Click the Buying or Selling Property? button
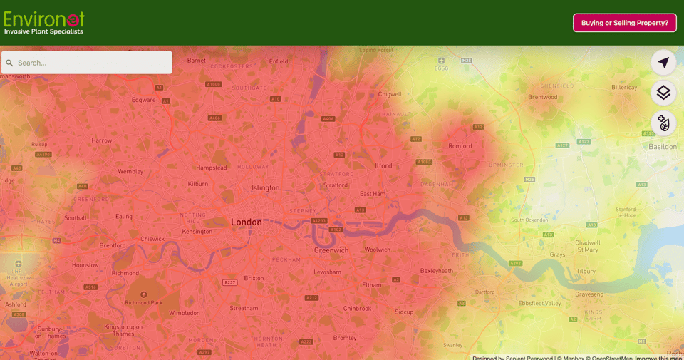tap(624, 23)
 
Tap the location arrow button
tap(663, 63)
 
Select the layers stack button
tap(663, 93)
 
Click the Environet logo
tap(44, 22)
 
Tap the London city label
tap(246, 222)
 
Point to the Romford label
tap(460, 146)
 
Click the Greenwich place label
tap(331, 250)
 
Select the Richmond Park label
tap(144, 303)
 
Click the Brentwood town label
tap(542, 97)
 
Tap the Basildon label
tap(663, 147)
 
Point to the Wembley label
tap(130, 172)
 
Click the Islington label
tap(266, 188)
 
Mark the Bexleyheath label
tap(437, 271)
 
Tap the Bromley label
tap(345, 338)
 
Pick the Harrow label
tap(102, 140)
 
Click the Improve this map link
tap(659, 358)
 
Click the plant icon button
tap(663, 123)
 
